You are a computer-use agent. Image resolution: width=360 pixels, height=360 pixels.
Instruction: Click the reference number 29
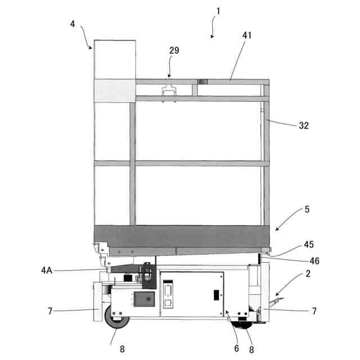click(x=174, y=51)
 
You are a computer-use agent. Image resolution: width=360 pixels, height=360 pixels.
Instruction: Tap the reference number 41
click(x=247, y=35)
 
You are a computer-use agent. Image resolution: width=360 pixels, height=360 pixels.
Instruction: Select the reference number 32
click(x=304, y=126)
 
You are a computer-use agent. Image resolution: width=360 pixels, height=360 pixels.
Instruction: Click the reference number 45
click(x=308, y=245)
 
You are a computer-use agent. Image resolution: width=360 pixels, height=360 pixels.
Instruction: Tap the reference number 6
click(x=237, y=349)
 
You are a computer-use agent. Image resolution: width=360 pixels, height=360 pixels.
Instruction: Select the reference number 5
click(x=307, y=209)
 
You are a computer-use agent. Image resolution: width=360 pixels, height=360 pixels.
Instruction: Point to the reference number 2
click(x=308, y=273)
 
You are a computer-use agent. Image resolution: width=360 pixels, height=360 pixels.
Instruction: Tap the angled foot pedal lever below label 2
click(x=277, y=304)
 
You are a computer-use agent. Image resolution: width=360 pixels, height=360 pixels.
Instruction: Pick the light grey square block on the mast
click(x=115, y=91)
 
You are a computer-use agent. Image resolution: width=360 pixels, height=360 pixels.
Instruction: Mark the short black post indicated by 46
click(x=259, y=258)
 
